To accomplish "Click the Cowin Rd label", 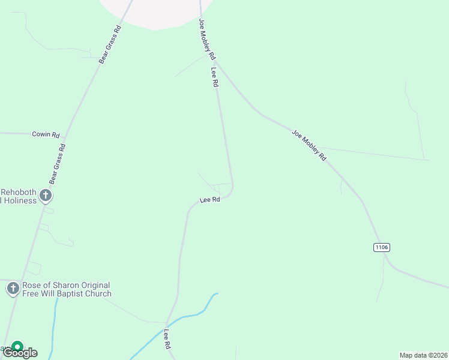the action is tap(46, 135).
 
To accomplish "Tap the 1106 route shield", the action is tap(382, 247).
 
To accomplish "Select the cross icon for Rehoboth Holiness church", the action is tap(45, 196).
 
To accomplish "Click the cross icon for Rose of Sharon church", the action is tap(13, 289).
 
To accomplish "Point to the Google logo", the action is tap(20, 353).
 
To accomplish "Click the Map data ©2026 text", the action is tap(423, 355).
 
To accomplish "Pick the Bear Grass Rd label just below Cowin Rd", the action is tap(58, 164).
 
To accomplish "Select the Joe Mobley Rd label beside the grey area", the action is tap(207, 39).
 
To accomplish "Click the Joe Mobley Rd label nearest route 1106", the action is tap(309, 145).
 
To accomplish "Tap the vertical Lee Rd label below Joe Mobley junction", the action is tap(214, 77).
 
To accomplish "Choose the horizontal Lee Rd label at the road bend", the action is tap(210, 200).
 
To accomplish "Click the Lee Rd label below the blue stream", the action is tap(167, 340).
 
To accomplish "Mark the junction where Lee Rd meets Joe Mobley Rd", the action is tap(215, 61).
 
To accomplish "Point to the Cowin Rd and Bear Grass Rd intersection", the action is tap(65, 134).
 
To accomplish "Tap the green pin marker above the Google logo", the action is tap(18, 347).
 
